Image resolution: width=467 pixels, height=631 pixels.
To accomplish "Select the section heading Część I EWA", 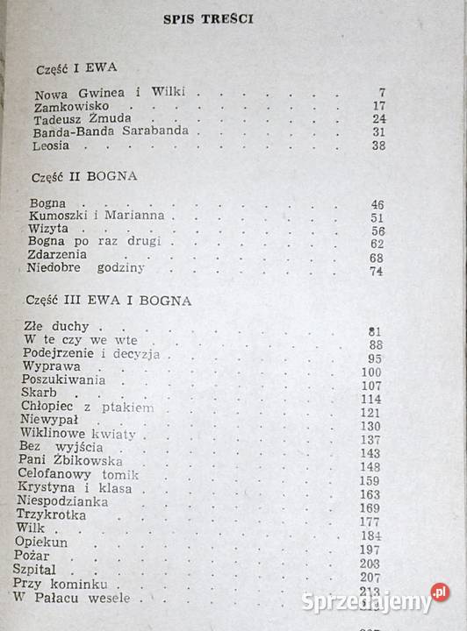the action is pyautogui.click(x=78, y=67).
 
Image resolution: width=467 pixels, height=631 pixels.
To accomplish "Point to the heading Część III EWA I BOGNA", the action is pyautogui.click(x=109, y=301).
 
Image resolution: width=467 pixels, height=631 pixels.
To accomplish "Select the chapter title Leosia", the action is pyautogui.click(x=51, y=145).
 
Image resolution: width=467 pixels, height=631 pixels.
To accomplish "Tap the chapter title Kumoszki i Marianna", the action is pyautogui.click(x=96, y=216).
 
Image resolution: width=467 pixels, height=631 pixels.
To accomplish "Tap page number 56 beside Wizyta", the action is pyautogui.click(x=377, y=231).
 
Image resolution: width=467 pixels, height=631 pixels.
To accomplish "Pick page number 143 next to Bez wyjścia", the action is pyautogui.click(x=371, y=454).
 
